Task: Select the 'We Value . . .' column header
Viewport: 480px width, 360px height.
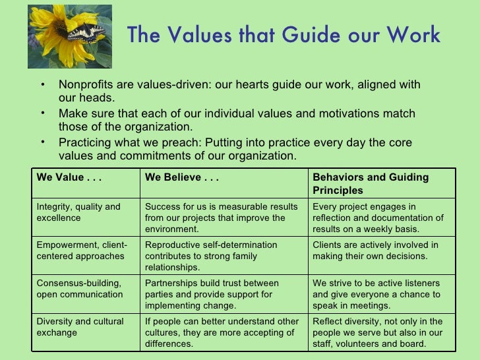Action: click(x=69, y=177)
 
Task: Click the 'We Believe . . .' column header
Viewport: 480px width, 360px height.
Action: click(x=182, y=177)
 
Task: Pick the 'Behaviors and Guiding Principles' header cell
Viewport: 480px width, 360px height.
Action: click(x=371, y=184)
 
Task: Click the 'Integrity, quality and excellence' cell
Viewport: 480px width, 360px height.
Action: click(x=78, y=212)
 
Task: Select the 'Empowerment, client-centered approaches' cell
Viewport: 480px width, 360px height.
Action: click(x=82, y=250)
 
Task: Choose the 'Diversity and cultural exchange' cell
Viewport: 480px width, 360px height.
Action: click(x=80, y=326)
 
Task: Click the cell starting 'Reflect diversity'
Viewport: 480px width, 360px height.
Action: click(x=377, y=332)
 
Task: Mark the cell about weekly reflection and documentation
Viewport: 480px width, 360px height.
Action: click(x=378, y=218)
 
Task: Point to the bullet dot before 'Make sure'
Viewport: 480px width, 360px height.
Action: click(x=42, y=113)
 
